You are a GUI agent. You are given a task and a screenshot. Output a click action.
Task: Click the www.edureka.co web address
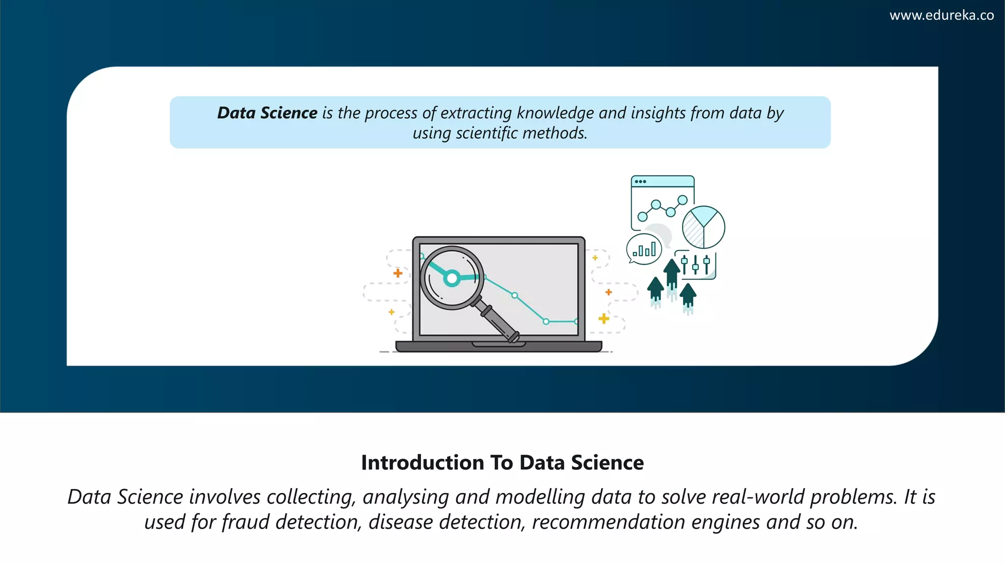coord(941,16)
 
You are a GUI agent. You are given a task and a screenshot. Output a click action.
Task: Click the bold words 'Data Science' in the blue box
coord(267,113)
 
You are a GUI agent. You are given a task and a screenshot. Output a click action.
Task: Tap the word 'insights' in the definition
coord(658,113)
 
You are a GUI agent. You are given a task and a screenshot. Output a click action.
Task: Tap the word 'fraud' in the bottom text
coord(245,522)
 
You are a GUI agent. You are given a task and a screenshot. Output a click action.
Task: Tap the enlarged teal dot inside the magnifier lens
coord(451,279)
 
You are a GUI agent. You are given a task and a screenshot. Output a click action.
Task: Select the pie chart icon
coord(703,227)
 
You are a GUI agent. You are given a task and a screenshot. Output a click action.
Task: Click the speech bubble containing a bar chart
coord(644,250)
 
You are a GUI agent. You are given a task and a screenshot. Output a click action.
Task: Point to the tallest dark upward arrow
coord(672,275)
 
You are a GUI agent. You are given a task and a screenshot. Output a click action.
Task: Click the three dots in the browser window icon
coord(640,181)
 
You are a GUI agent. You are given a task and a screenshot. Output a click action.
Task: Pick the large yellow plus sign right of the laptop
coord(604,319)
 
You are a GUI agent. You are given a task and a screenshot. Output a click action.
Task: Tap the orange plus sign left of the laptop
coord(398,273)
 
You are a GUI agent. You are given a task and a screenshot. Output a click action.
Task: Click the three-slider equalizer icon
coord(696,265)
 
